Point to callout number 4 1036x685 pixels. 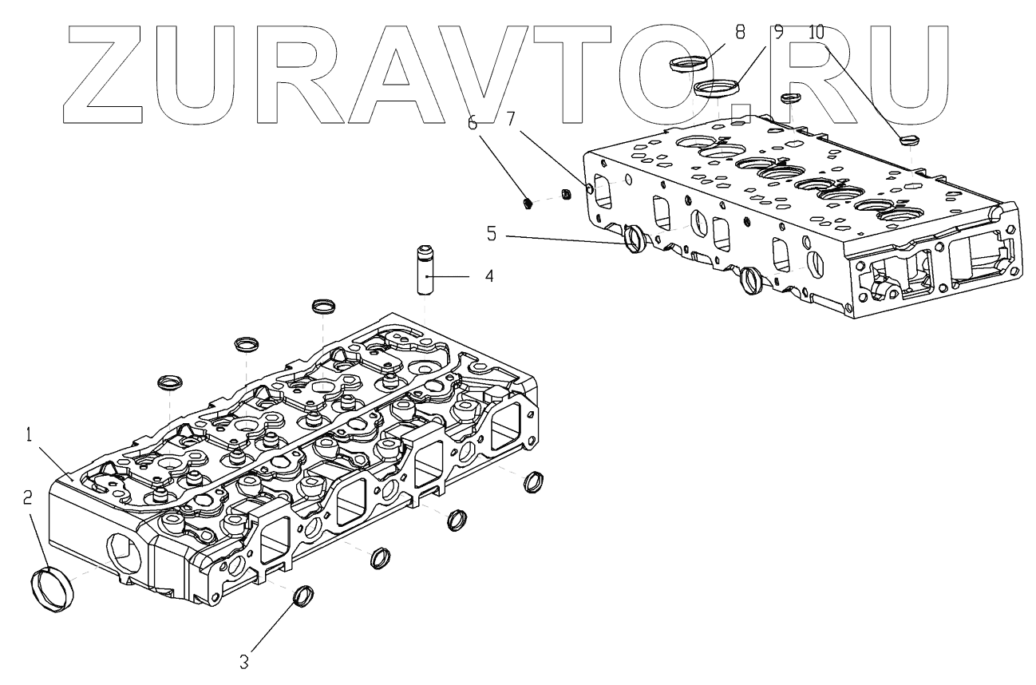click(488, 277)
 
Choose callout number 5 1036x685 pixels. click(492, 235)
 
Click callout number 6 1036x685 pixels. click(472, 123)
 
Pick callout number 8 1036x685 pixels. click(739, 34)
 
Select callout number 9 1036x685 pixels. click(778, 34)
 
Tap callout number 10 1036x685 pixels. click(815, 34)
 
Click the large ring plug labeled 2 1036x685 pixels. click(55, 589)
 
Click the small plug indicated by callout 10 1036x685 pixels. click(908, 141)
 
